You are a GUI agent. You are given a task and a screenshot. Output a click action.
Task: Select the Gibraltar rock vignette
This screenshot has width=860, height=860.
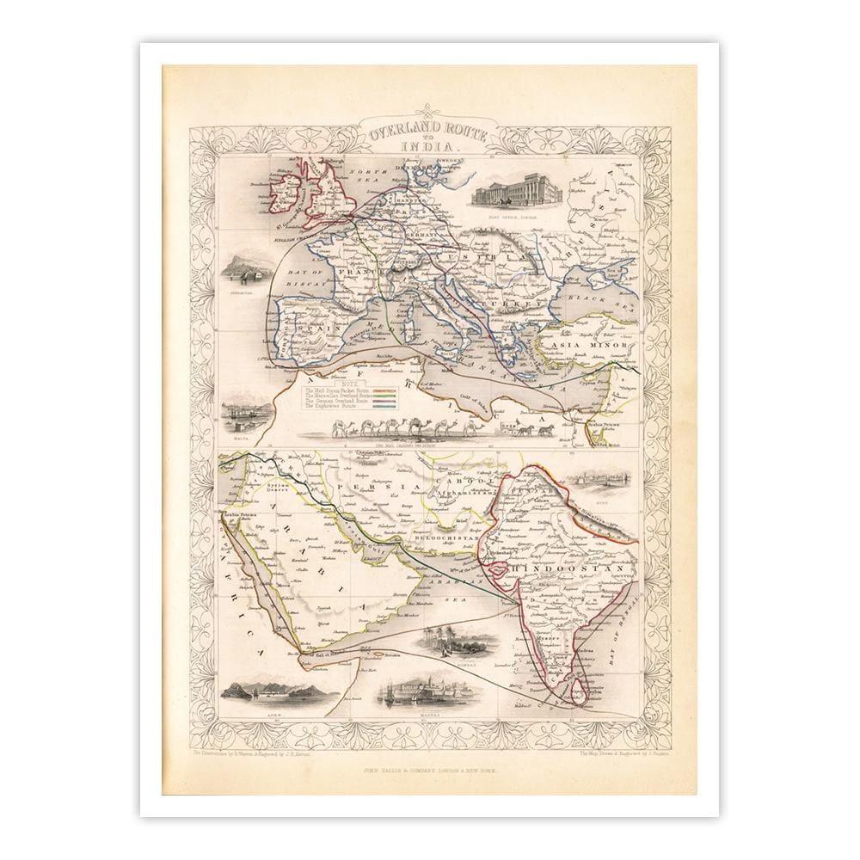[243, 274]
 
